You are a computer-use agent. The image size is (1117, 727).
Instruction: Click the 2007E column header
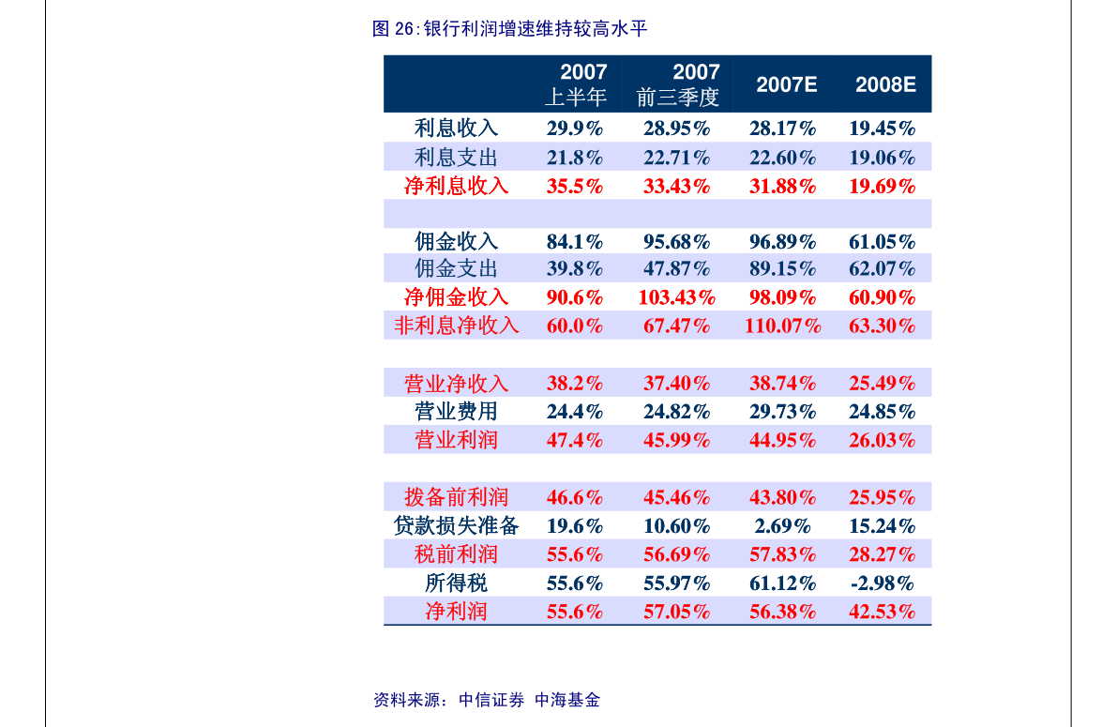(787, 84)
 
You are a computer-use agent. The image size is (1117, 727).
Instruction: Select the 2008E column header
(885, 84)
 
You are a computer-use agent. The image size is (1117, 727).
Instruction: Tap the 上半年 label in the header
(576, 97)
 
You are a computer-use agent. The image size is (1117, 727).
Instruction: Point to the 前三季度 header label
(678, 97)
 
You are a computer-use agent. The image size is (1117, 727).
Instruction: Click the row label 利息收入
(456, 129)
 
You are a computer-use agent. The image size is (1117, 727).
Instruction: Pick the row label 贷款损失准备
(456, 526)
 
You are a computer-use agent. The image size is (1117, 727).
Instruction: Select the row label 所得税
(456, 583)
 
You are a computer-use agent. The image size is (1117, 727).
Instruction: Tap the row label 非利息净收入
(456, 326)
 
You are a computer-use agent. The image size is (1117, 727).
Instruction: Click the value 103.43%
(677, 297)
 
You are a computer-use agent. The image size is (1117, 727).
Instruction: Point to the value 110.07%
(782, 326)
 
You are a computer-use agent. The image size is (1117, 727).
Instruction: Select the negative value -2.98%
(882, 583)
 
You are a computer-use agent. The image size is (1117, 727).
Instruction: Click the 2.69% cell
(782, 526)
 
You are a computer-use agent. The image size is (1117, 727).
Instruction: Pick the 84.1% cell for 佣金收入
(575, 242)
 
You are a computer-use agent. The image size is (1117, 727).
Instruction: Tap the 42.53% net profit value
(882, 612)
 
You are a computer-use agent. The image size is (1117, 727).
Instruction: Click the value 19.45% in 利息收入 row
(882, 129)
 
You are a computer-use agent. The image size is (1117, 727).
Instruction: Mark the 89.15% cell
(782, 268)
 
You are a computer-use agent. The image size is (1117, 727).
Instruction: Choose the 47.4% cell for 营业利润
(575, 440)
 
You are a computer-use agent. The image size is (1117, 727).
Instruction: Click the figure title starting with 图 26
(509, 28)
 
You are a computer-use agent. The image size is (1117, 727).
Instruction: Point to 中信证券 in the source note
(491, 700)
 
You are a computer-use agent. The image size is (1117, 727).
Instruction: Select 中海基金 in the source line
(567, 700)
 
